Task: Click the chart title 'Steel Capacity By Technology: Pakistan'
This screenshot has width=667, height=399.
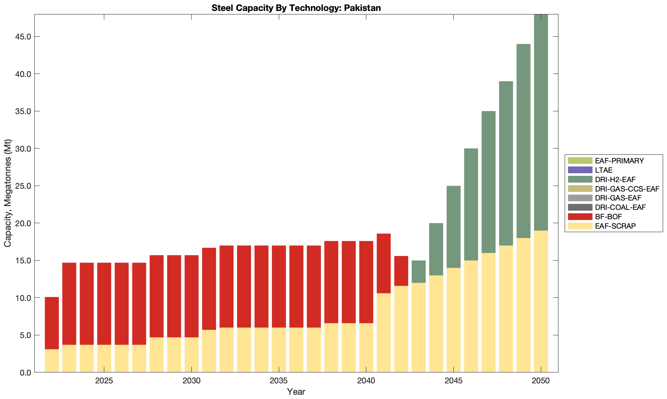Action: [x=296, y=8]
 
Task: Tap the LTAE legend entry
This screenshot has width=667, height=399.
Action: [x=604, y=170]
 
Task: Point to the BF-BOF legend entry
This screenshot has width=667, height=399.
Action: [x=608, y=216]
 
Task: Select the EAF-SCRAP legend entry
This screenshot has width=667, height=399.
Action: [x=615, y=226]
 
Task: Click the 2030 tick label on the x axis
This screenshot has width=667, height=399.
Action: [x=191, y=381]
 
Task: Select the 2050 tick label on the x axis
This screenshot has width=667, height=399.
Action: [x=541, y=381]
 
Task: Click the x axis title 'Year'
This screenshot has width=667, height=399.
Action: [x=296, y=392]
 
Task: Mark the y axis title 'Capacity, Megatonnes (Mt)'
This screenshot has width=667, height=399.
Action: [x=8, y=193]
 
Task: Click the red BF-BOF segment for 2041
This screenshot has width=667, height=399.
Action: [x=383, y=263]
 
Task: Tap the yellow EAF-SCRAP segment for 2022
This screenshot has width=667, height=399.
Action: [x=52, y=361]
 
